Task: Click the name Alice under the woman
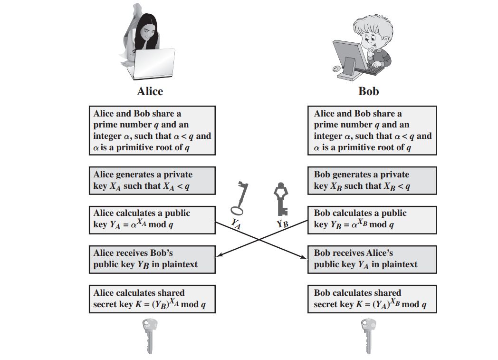tap(150, 91)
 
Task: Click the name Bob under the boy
tap(368, 91)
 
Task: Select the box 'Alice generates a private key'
tap(152, 180)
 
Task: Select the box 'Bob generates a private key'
tap(373, 180)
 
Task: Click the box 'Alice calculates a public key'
tap(152, 219)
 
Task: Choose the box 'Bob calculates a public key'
tap(373, 219)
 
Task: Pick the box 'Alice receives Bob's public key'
tap(152, 259)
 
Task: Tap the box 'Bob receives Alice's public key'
tap(373, 259)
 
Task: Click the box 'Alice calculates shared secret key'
tap(152, 299)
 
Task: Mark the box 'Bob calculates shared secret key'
tap(373, 299)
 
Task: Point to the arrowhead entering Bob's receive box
tap(304, 258)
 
